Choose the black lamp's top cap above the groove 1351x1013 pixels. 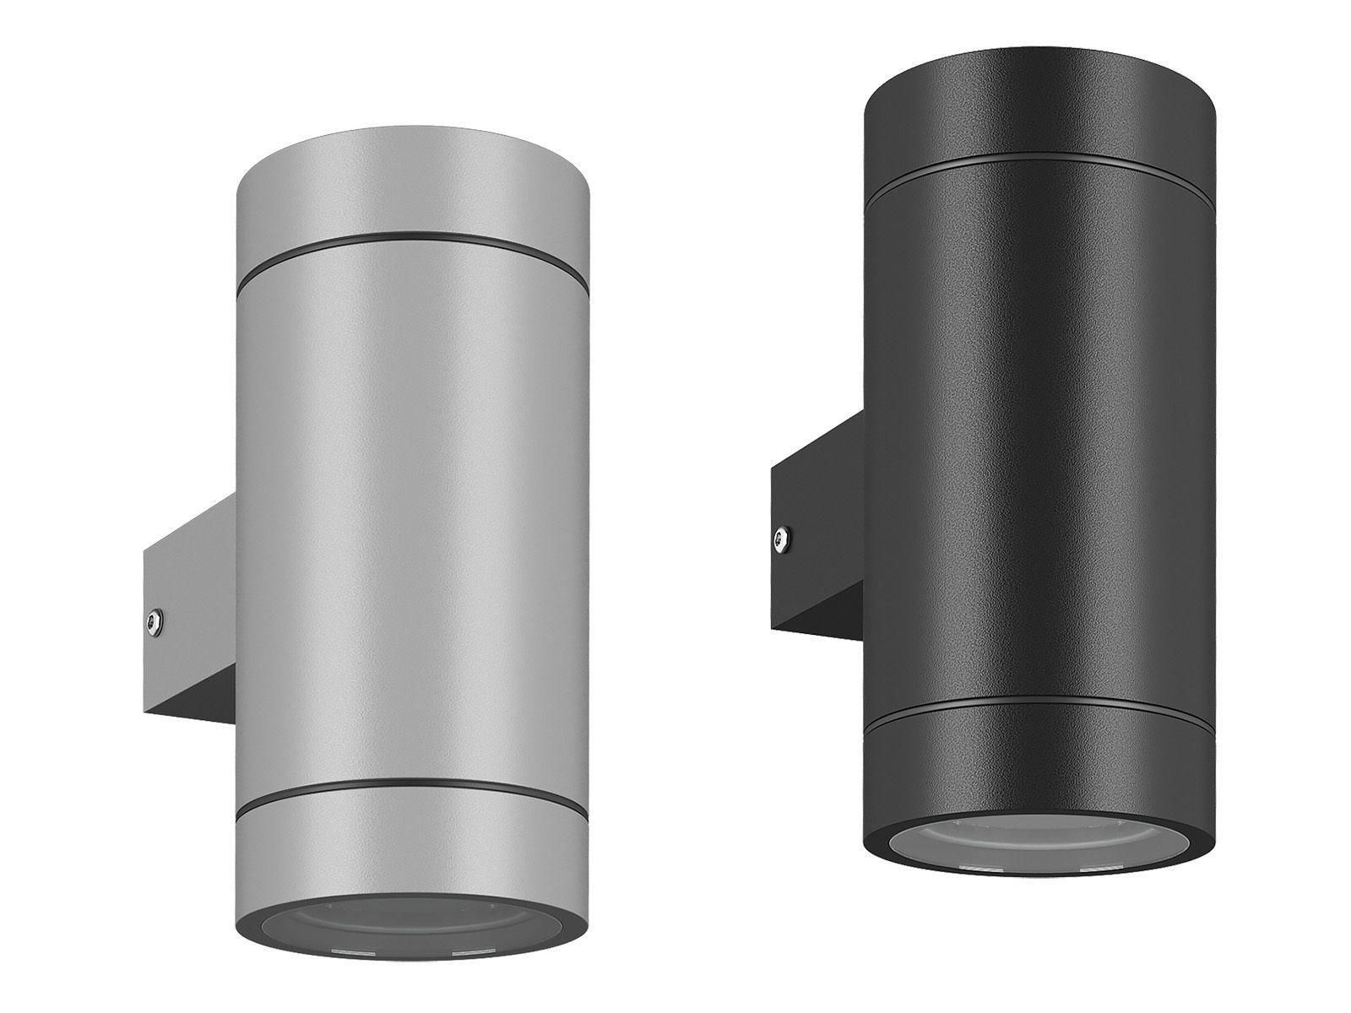1039,118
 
